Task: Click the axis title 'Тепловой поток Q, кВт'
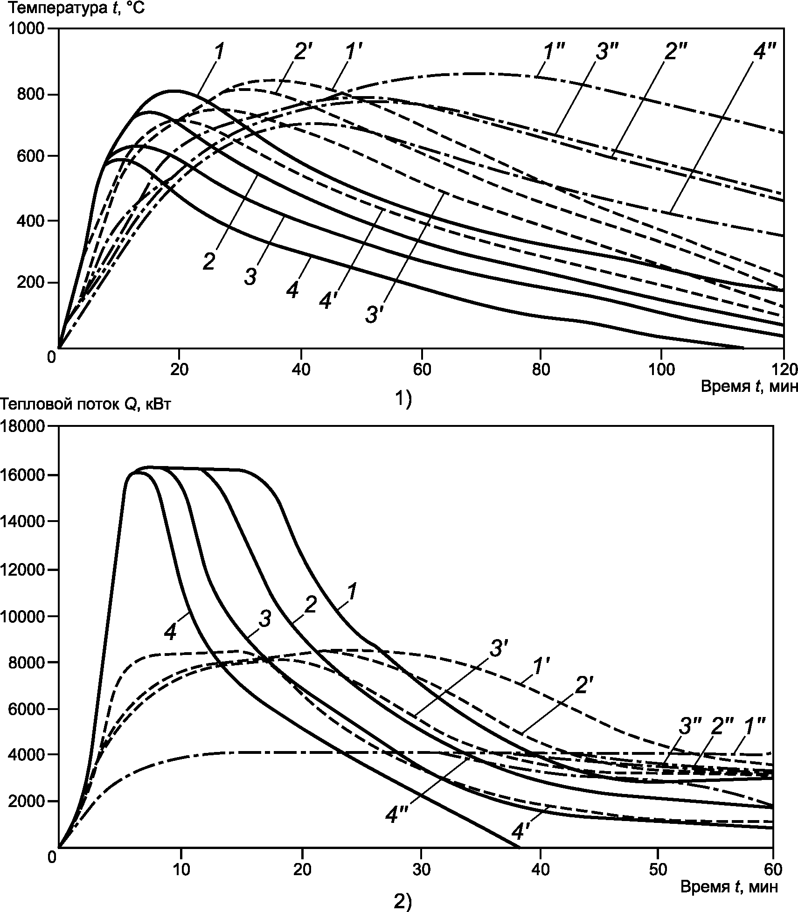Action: pos(85,404)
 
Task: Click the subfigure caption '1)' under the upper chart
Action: pos(403,399)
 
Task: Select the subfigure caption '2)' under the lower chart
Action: pos(403,902)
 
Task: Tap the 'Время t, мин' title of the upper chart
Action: pos(749,386)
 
